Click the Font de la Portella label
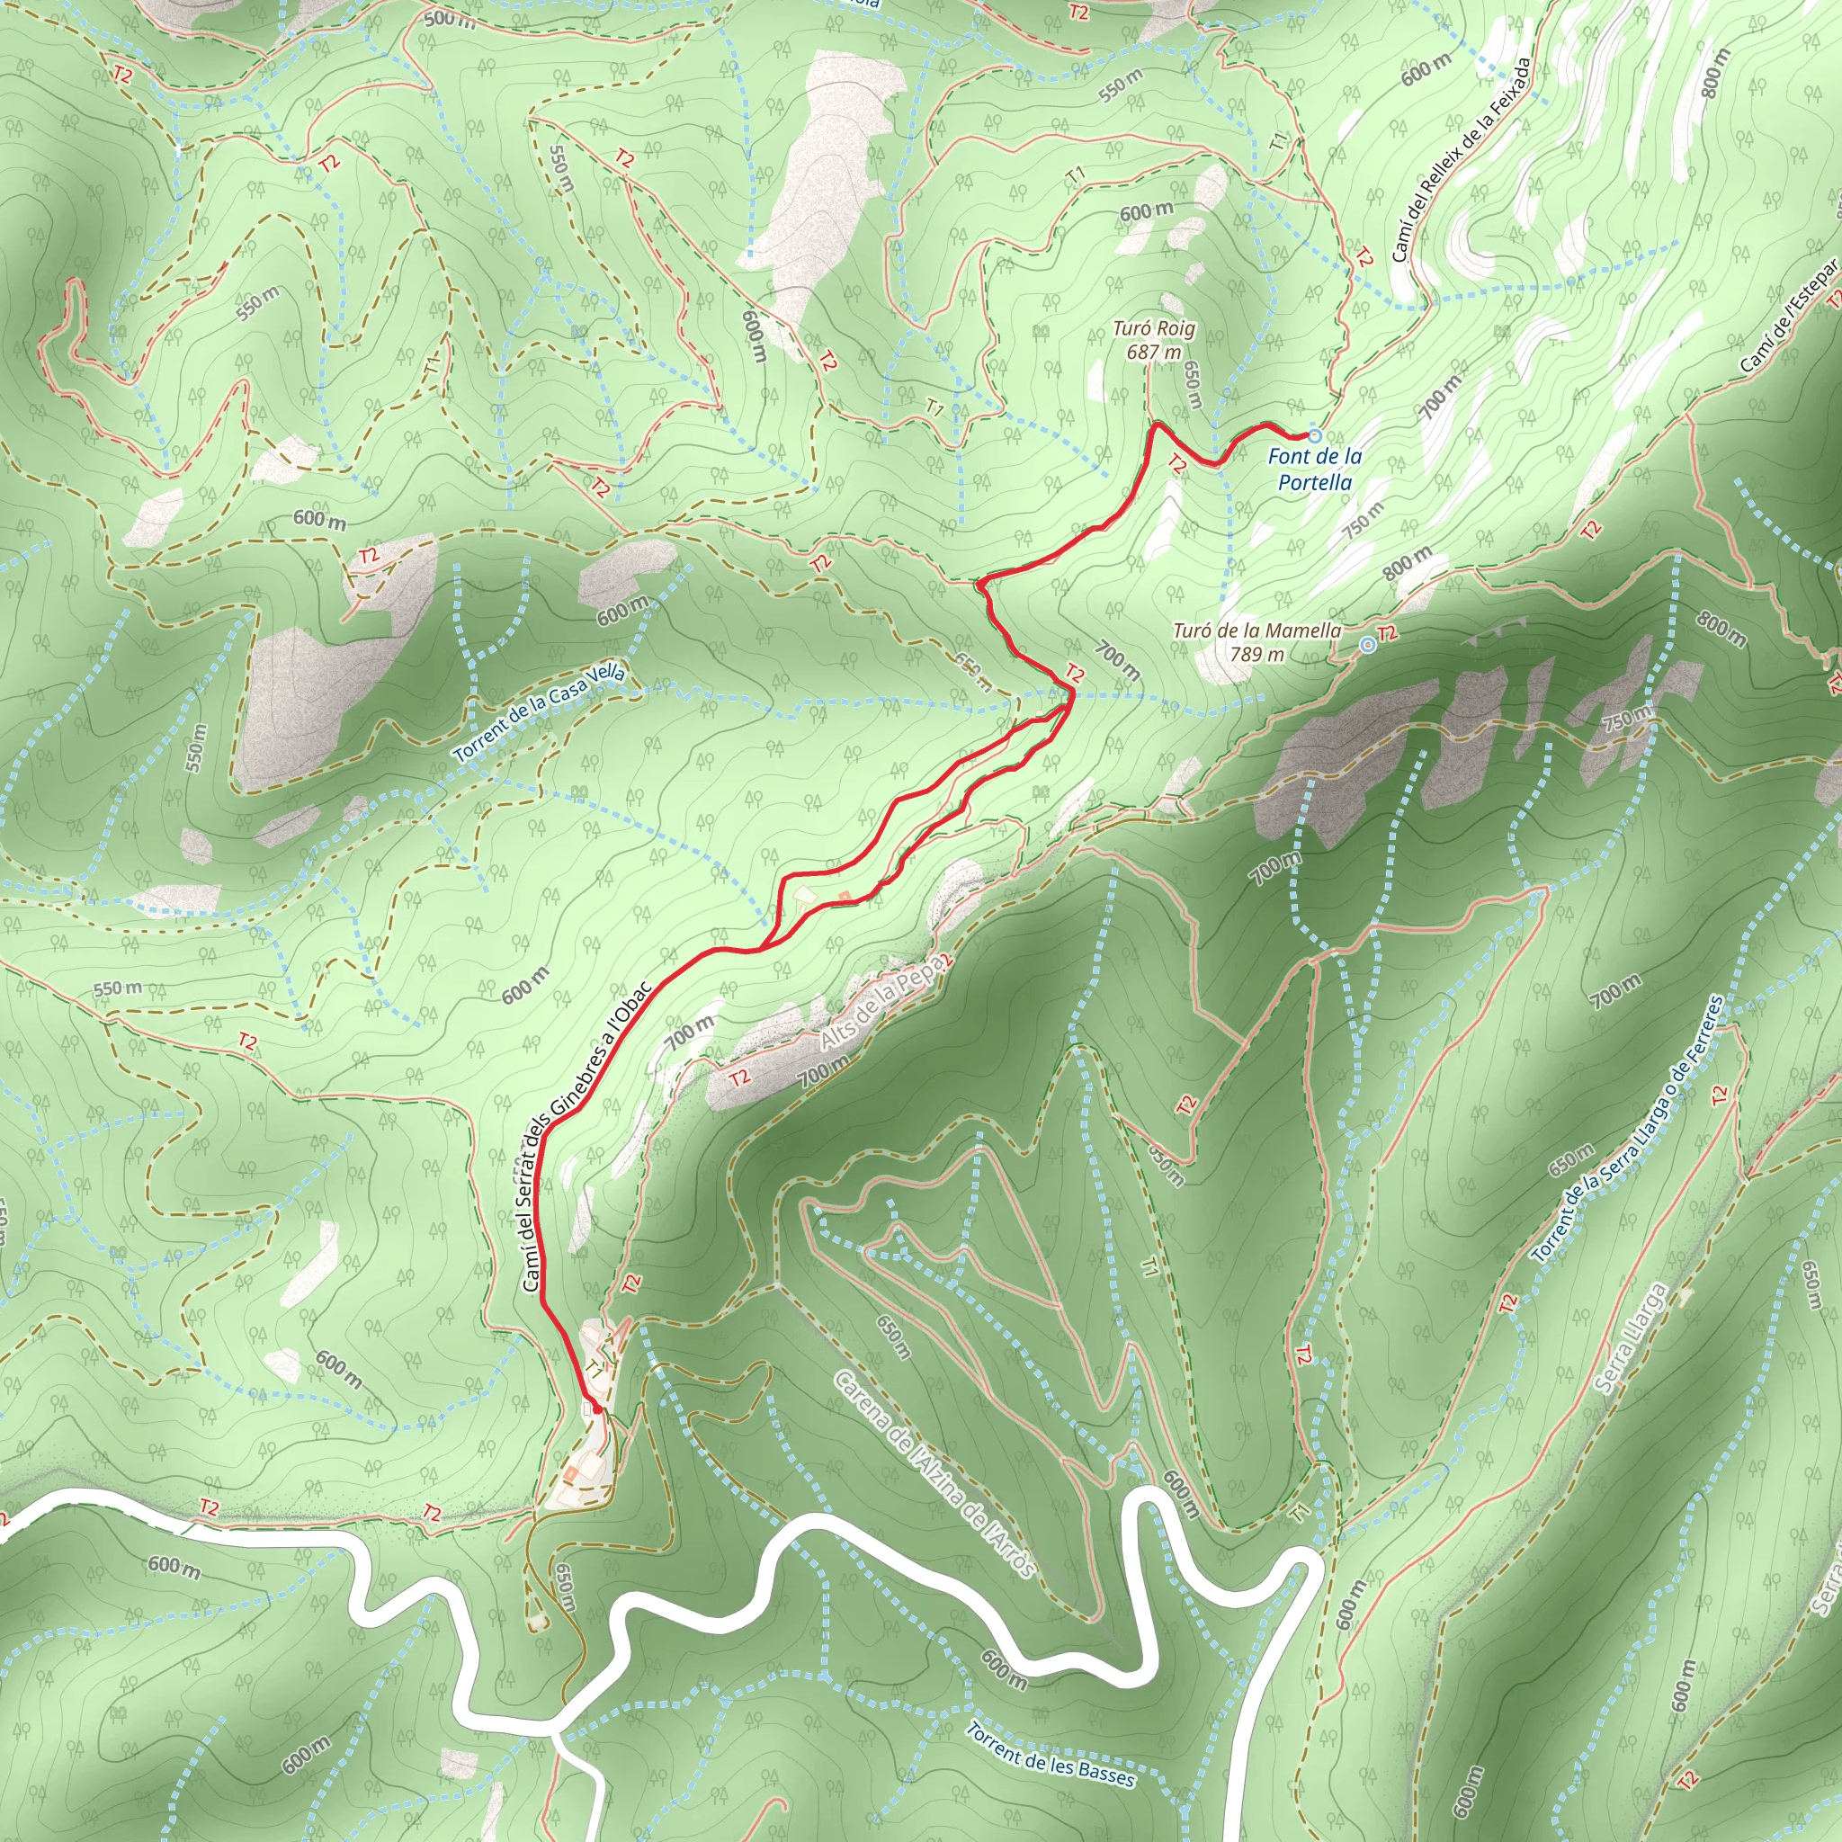click(x=1315, y=469)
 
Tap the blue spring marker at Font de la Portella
click(x=1315, y=435)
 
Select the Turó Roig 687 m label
click(x=1154, y=340)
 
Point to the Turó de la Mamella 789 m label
click(x=1256, y=641)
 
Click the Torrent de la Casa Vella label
click(x=540, y=713)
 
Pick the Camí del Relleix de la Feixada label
click(x=1461, y=159)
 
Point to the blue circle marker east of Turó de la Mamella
click(x=1367, y=646)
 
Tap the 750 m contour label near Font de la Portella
click(x=1364, y=520)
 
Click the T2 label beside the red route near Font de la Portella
click(x=1176, y=464)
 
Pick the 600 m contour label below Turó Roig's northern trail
click(x=1146, y=210)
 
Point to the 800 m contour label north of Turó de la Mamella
click(x=1408, y=562)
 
